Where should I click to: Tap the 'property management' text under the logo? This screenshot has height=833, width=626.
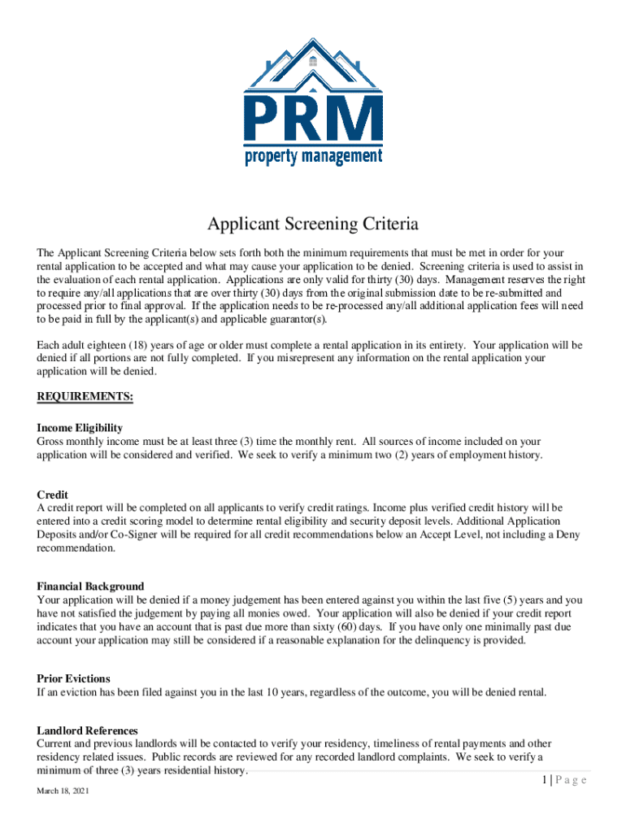tap(313, 155)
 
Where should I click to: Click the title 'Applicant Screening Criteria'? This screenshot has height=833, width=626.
tap(313, 224)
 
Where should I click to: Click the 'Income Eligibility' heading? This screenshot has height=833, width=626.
tap(80, 428)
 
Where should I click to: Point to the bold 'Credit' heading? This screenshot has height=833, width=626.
tap(52, 495)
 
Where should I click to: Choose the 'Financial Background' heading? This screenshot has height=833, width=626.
tap(90, 587)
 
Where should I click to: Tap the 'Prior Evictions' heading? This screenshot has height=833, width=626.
tap(73, 678)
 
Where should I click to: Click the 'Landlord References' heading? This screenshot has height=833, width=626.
tap(87, 731)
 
